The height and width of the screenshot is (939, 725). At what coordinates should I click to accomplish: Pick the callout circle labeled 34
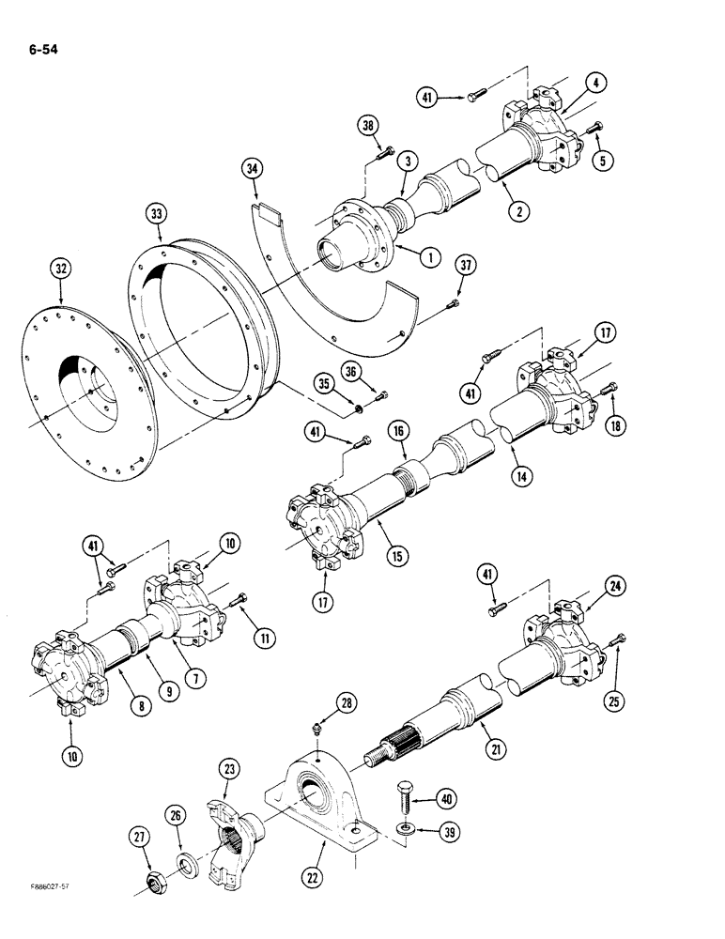click(250, 169)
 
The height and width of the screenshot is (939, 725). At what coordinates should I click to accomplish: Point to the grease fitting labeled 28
click(318, 742)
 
